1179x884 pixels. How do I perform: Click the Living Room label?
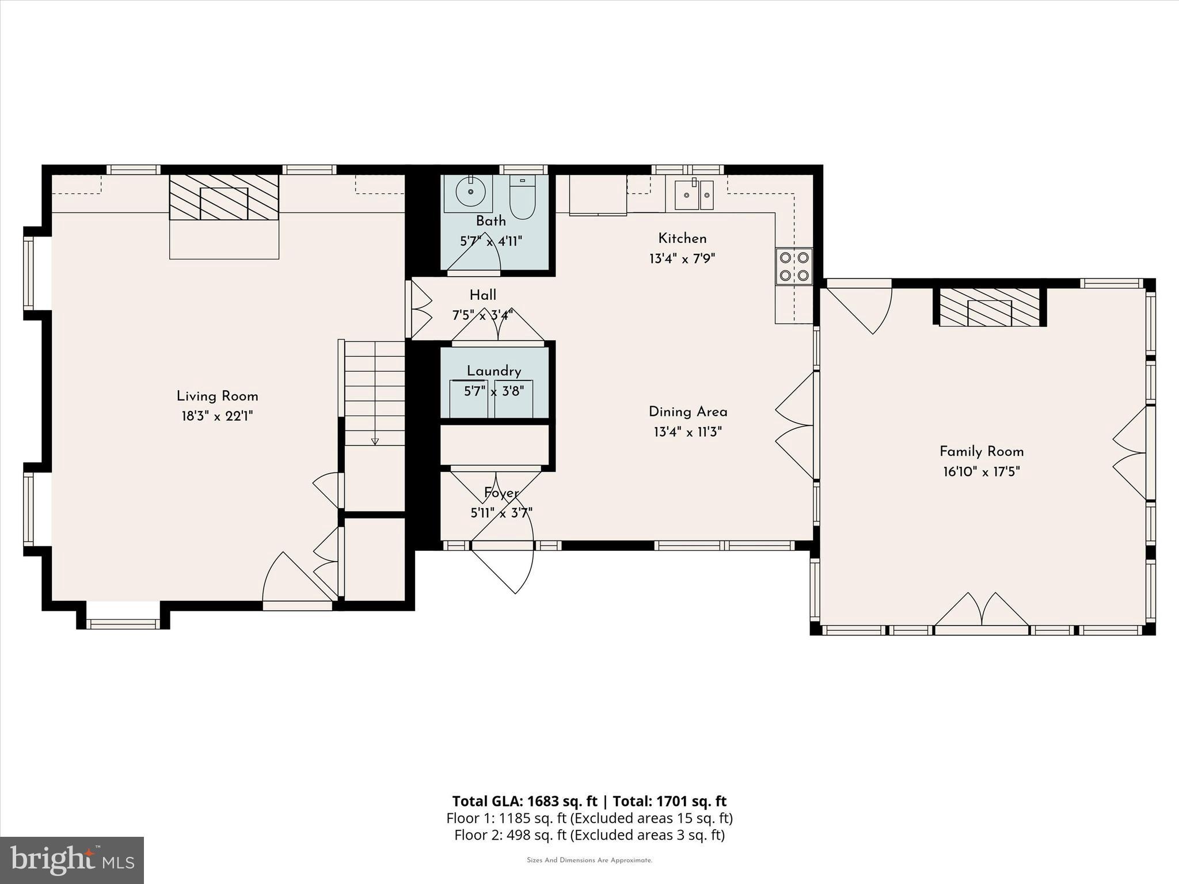coord(217,396)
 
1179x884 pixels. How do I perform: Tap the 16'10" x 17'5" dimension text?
coord(981,472)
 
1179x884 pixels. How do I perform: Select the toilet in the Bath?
coord(522,197)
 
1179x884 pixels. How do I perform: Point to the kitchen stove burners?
coord(793,266)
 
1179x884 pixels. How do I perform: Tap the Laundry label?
coord(493,371)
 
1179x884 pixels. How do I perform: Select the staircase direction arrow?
coord(375,441)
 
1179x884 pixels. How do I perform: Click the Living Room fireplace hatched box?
coord(224,197)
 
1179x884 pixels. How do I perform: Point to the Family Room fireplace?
coord(990,307)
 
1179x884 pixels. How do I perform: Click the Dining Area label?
coord(687,411)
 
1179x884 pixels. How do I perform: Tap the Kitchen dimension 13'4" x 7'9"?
coord(682,258)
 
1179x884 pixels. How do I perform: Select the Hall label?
coord(482,295)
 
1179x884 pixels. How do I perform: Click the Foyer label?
coord(501,493)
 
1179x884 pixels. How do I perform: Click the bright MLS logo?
coord(71,860)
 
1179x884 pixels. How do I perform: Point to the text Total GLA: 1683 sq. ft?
coord(524,801)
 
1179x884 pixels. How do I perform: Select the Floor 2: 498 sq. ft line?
coord(589,835)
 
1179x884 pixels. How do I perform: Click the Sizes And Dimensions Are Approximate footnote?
coord(589,860)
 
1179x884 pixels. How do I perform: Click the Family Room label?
coord(981,451)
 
